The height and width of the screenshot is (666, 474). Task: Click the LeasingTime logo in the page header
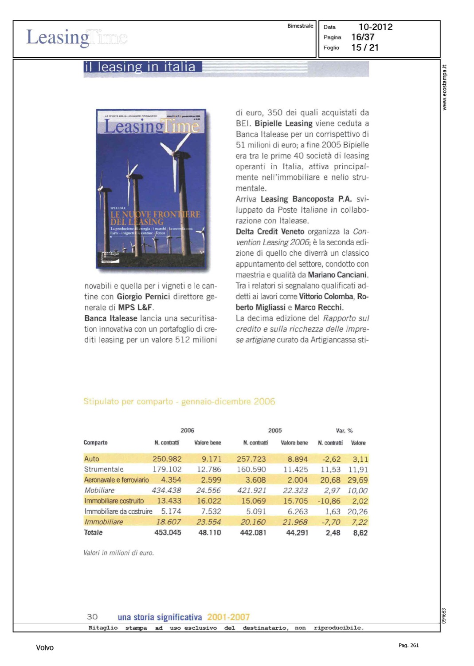76,38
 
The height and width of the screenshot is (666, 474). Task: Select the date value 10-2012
375,27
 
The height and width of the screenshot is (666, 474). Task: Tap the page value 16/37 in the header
363,37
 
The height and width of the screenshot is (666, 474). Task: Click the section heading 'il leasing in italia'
140,67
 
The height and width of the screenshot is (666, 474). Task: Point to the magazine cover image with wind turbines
151,189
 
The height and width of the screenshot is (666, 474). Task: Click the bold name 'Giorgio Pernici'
143,297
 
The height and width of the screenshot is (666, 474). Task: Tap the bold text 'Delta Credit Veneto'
270,232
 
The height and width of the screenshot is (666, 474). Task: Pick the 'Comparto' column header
95,443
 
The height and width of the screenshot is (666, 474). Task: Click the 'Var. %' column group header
344,431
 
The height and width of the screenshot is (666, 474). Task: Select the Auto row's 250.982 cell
167,459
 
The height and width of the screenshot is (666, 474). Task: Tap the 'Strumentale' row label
104,469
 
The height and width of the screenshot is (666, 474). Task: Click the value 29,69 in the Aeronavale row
357,480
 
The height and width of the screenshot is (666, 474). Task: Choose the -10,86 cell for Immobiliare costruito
329,501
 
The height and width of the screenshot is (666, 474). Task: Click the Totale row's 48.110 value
209,532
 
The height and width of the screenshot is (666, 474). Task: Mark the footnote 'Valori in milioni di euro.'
118,553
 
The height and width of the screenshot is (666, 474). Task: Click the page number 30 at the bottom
92,617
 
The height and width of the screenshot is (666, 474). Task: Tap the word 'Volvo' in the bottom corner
45,648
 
